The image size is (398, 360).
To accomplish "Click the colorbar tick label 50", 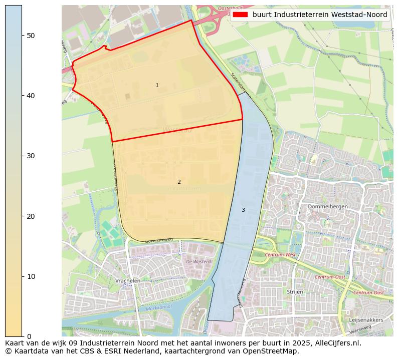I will coord(31,35).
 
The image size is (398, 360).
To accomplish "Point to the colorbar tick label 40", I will coord(31,95).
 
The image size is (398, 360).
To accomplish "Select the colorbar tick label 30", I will coord(31,156).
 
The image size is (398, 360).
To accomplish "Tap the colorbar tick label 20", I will coord(31,216).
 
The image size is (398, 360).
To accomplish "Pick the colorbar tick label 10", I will coord(31,276).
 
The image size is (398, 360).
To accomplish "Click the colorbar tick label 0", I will coord(29,336).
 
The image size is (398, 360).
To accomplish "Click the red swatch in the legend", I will coord(240,15).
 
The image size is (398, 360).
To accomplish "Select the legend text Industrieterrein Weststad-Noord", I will coord(320,15).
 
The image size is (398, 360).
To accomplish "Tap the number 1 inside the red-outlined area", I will coord(157,86).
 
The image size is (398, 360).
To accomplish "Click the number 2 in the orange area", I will coord(179,182).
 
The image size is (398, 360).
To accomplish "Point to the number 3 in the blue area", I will coord(243,210).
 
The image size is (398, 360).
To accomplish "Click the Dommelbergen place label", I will coord(328,206).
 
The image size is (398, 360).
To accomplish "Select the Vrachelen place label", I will coord(127,281).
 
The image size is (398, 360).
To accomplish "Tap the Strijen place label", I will coord(295,291).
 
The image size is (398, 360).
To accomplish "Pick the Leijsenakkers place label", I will coord(366,319).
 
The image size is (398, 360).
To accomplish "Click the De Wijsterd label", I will coord(198,261).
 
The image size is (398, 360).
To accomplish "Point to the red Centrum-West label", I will coord(281,255).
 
